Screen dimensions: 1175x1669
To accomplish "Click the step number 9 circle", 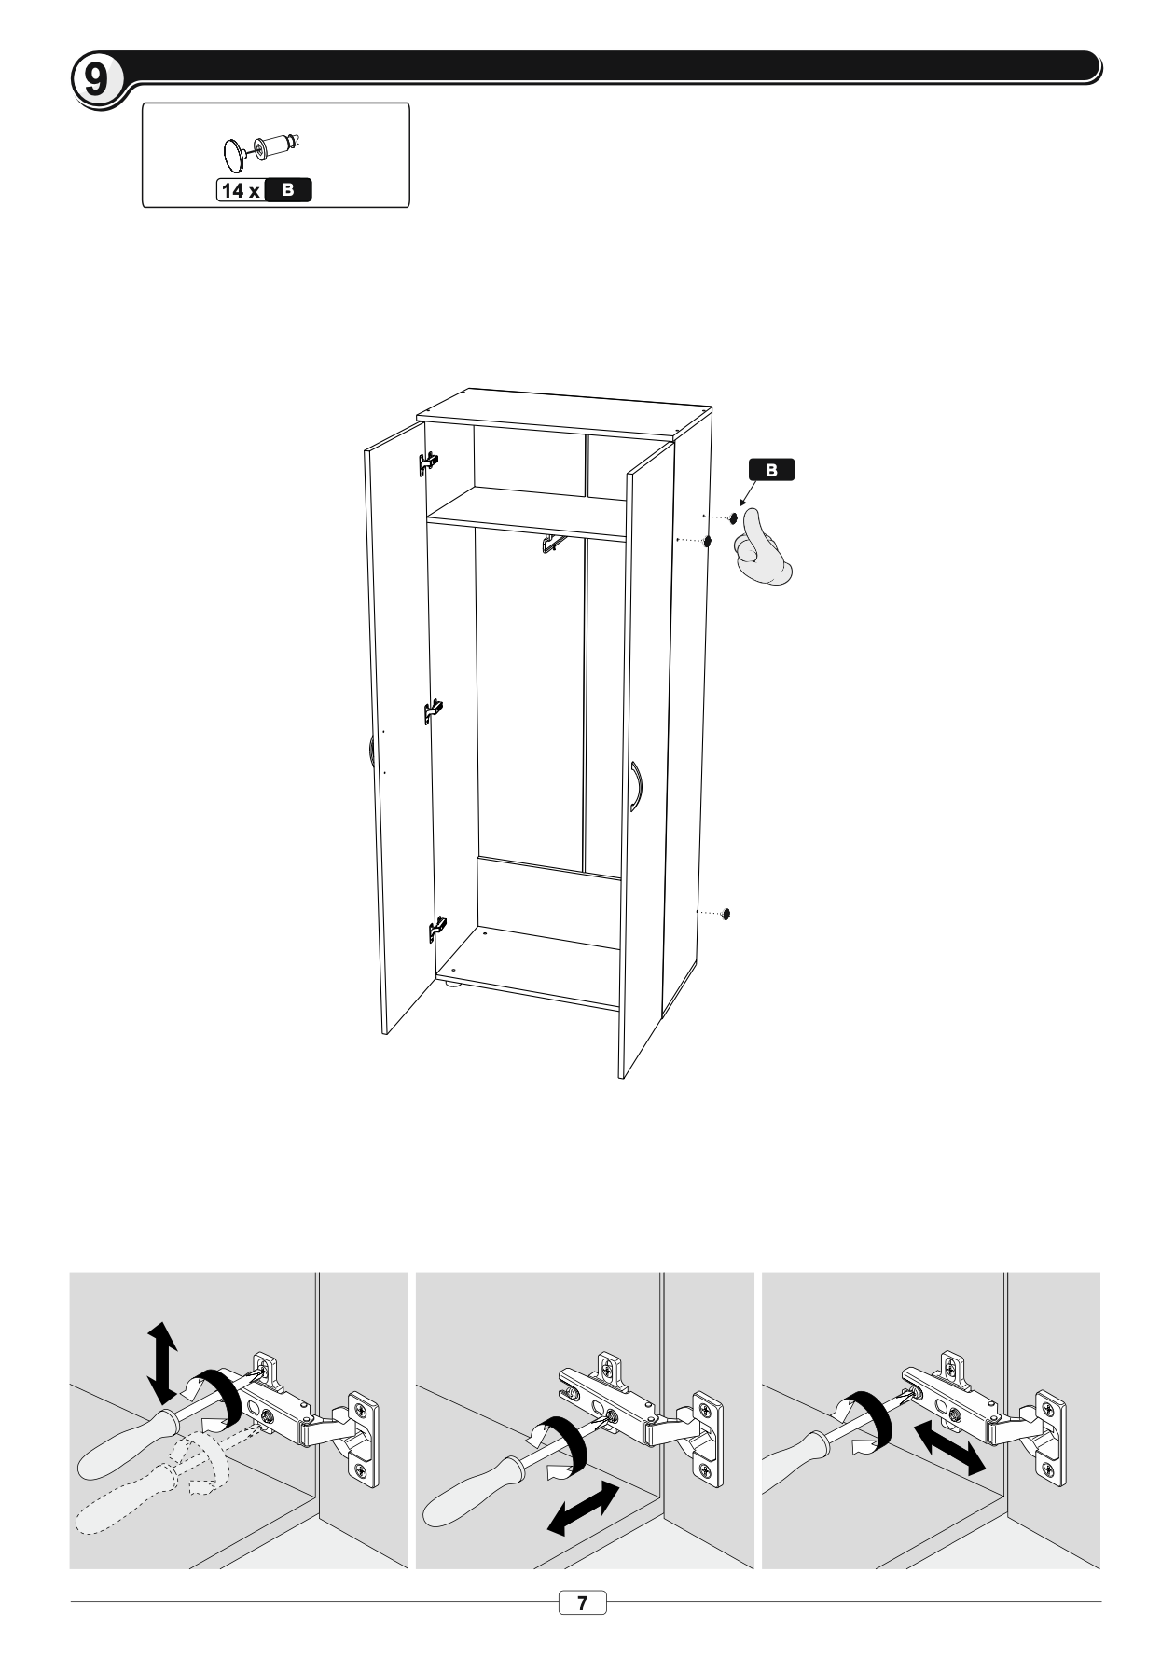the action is point(96,79).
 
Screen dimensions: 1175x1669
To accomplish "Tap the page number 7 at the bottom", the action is point(583,1602).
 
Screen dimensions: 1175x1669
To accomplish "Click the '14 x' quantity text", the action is point(240,190).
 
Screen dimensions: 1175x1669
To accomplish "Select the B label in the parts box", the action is point(288,190).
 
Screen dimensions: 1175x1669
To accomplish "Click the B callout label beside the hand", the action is point(771,470).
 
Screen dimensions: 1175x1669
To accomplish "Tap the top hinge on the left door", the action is point(429,462).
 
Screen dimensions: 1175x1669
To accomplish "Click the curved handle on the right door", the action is point(638,787).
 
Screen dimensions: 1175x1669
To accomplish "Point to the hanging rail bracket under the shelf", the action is point(553,544).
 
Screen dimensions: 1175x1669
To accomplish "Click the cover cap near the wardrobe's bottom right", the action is point(726,913).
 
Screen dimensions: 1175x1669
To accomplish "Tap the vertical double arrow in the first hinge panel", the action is point(162,1361).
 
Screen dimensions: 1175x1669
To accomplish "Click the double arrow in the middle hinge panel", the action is point(584,1508).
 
